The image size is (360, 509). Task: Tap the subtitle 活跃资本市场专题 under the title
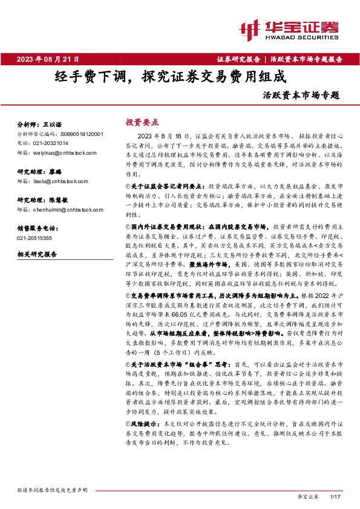301,96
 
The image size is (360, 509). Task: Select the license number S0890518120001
82,134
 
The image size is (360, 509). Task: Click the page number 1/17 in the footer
336,496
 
